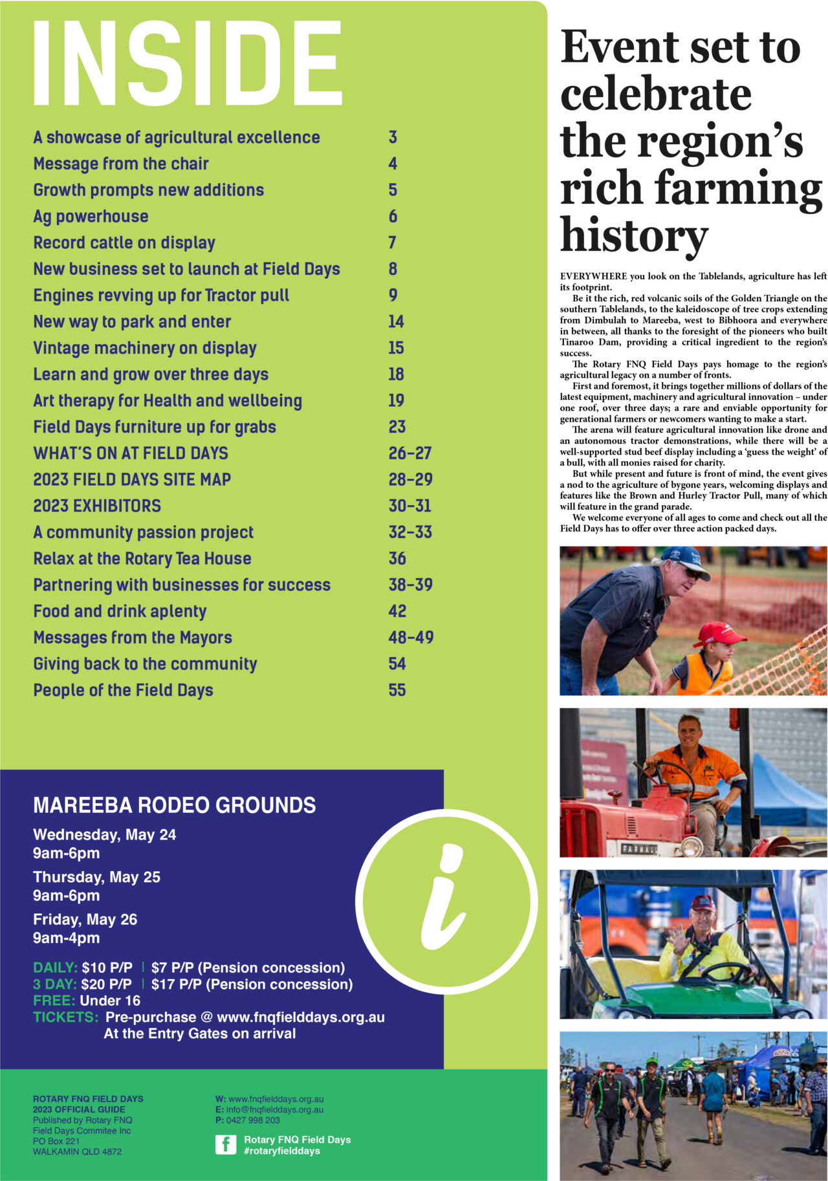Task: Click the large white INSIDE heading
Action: coord(187,63)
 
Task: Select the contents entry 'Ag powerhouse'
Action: coord(91,217)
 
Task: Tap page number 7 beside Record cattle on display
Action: coord(392,243)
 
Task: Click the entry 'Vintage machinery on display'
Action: coord(145,348)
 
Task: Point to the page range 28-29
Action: coord(410,480)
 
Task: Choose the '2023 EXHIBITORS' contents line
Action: coord(97,506)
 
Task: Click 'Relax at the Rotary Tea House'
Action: coord(142,559)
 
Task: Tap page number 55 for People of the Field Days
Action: coord(397,690)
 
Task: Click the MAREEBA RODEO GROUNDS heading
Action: coord(175,805)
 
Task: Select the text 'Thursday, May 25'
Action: coord(96,877)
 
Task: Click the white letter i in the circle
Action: coord(444,900)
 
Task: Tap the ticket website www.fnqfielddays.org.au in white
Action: coord(301,1017)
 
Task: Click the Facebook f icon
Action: coord(226,1145)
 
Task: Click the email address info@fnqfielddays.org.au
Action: coord(274,1109)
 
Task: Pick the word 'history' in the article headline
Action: coord(634,234)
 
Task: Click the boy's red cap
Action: coord(717,633)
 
